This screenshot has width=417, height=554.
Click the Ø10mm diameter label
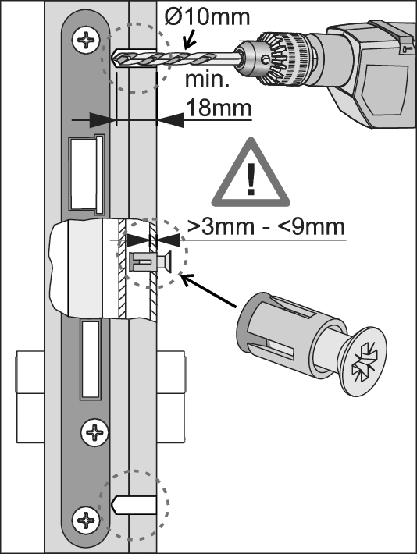pyautogui.click(x=207, y=16)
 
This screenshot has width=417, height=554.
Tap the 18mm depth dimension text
pyautogui.click(x=218, y=108)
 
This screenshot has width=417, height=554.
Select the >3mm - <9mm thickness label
pyautogui.click(x=266, y=227)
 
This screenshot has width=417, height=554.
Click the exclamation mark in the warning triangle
pyautogui.click(x=251, y=179)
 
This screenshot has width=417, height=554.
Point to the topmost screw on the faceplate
pyautogui.click(x=86, y=39)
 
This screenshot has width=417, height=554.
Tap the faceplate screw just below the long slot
pyautogui.click(x=94, y=432)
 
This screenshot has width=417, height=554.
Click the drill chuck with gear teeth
pyautogui.click(x=276, y=59)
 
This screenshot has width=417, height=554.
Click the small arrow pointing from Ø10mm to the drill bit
pyautogui.click(x=190, y=39)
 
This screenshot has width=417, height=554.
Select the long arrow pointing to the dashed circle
pyautogui.click(x=208, y=290)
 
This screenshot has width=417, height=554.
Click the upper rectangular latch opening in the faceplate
pyautogui.click(x=87, y=175)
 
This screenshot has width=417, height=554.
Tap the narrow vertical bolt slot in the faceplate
pyautogui.click(x=90, y=360)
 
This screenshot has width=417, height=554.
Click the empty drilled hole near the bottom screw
pyautogui.click(x=134, y=505)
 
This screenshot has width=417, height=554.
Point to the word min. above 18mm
pyautogui.click(x=207, y=80)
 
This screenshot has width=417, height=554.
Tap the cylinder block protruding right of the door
pyautogui.click(x=171, y=396)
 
